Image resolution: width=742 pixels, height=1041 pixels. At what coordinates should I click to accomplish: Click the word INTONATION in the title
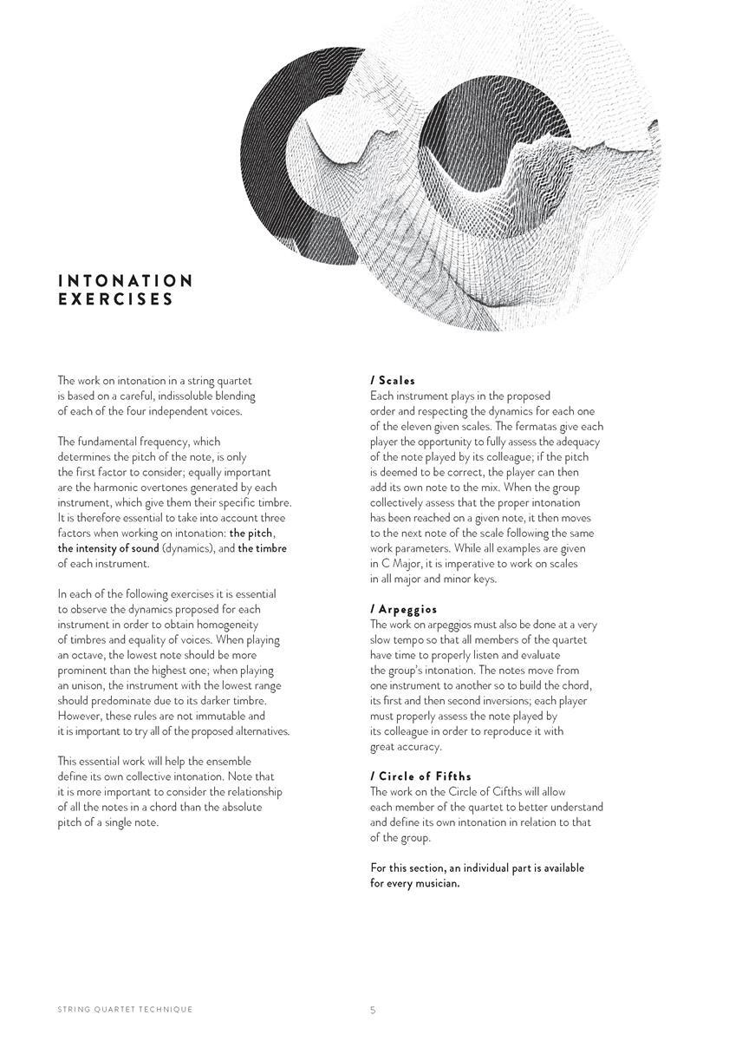(126, 281)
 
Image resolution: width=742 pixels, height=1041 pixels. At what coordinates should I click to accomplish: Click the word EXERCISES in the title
(116, 300)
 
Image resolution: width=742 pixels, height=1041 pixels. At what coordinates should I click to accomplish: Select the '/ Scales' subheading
(393, 380)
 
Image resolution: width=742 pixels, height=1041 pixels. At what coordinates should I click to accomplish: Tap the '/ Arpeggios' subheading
(403, 609)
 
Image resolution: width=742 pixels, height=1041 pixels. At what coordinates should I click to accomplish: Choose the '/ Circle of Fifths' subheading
(420, 776)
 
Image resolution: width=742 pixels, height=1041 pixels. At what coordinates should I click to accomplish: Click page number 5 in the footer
(373, 1010)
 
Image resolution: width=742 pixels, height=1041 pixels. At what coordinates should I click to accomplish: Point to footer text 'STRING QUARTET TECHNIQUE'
(125, 1010)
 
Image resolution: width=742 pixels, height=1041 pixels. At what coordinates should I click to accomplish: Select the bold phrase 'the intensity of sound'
(108, 548)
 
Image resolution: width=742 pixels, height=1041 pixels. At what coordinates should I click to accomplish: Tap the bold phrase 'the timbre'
(262, 548)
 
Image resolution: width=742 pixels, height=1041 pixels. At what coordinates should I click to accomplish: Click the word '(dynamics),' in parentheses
(191, 548)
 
